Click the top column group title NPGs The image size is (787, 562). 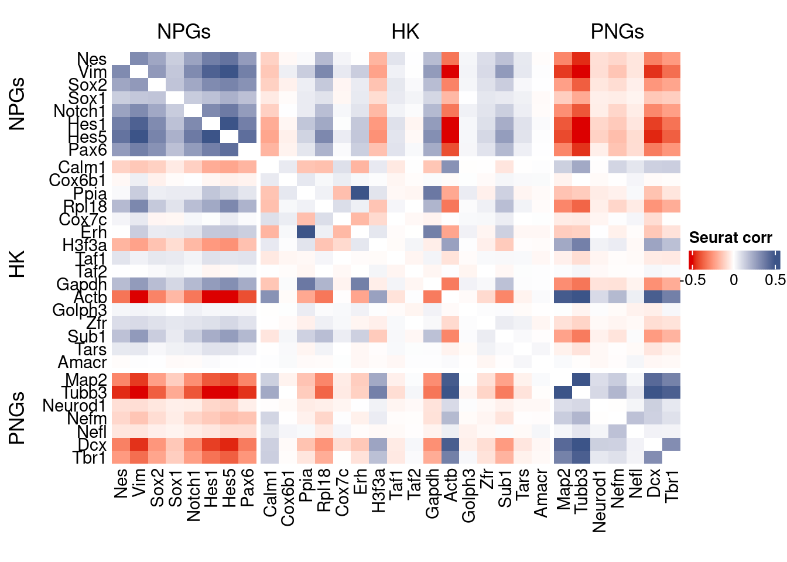(184, 32)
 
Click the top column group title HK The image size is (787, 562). (405, 32)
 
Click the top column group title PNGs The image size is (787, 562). (617, 32)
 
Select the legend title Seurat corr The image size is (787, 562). (730, 238)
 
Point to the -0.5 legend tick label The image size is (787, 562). (693, 280)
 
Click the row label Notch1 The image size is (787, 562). (80, 111)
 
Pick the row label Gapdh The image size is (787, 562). (81, 284)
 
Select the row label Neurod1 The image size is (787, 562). (74, 406)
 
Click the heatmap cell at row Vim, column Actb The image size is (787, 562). (450, 72)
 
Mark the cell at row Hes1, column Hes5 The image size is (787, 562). (230, 124)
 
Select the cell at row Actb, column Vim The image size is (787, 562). (139, 297)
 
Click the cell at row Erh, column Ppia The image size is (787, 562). (306, 232)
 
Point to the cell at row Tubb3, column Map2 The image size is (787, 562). (563, 392)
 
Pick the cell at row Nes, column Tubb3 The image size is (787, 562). (581, 59)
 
